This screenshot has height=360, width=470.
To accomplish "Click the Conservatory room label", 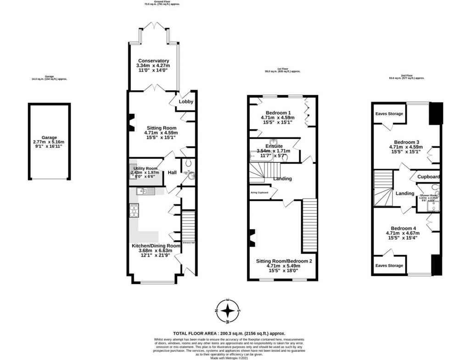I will tap(154, 61).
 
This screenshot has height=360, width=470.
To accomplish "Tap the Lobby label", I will tap(186, 102).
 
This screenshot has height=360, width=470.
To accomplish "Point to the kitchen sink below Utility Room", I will tap(144, 191).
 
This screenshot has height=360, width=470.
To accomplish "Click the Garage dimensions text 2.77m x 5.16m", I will tap(49, 143).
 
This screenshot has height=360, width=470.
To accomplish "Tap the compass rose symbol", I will tap(228, 311).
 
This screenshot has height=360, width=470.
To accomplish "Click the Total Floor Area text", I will tap(229, 333).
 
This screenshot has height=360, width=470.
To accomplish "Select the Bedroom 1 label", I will tap(278, 113).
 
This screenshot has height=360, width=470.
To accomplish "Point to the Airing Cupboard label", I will tap(259, 193).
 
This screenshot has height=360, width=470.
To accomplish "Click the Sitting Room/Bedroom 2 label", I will tap(284, 261).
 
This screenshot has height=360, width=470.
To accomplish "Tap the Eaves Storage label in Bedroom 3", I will tap(389, 114).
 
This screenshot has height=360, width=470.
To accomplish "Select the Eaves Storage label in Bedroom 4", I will tap(389, 266).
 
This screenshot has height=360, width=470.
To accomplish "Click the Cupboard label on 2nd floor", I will tap(429, 177).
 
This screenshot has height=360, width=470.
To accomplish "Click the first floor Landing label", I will tap(282, 178).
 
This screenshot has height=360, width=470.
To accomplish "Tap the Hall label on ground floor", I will tap(172, 172).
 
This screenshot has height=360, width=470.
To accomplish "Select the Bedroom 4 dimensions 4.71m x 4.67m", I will tap(403, 233).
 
